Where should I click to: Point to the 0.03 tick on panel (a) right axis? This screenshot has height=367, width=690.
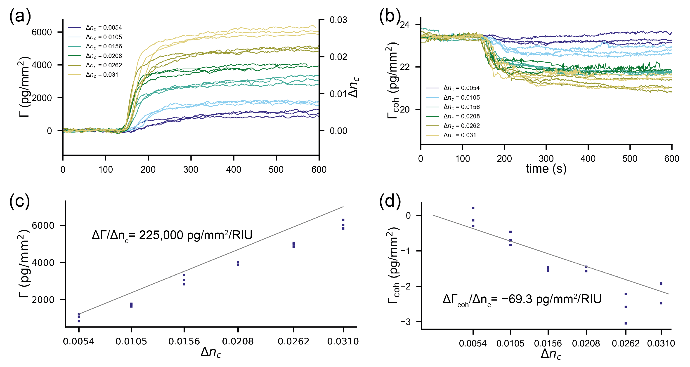pos(338,20)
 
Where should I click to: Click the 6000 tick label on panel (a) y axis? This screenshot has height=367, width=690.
pos(42,32)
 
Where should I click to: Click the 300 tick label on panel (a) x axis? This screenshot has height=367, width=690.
pos(191,169)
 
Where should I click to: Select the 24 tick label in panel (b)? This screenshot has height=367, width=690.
pos(404,25)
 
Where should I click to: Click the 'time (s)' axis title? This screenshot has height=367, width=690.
pos(546,169)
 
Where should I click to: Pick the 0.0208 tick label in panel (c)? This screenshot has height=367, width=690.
pos(238,341)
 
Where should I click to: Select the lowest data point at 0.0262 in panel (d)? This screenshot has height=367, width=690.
pos(626,323)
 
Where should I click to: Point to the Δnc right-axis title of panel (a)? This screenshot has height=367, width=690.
pos(354,87)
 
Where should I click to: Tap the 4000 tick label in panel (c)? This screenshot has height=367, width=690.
pos(43,263)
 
